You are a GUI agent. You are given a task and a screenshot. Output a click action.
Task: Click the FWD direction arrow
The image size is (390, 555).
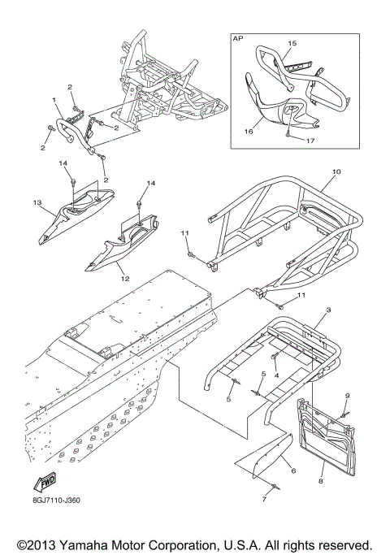[x=45, y=482]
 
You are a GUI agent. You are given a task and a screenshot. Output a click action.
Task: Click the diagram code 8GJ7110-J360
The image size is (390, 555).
[x=55, y=501]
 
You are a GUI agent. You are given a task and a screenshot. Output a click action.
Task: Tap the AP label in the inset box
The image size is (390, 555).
[x=238, y=38]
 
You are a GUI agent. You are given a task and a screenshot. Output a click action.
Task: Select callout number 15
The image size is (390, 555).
[x=292, y=43]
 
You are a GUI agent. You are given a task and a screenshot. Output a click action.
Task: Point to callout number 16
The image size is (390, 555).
[x=249, y=132]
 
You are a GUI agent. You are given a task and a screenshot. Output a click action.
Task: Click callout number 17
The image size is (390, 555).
[x=310, y=141]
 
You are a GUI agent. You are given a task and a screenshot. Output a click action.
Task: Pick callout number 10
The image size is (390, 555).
[x=336, y=171]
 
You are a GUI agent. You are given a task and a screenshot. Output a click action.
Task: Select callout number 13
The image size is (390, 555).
[x=37, y=203]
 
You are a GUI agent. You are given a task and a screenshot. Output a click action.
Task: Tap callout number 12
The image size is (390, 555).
[x=125, y=279]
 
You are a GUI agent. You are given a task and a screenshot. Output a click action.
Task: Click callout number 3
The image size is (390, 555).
[x=328, y=310]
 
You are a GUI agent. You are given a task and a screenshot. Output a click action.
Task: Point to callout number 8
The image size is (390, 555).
[x=321, y=481]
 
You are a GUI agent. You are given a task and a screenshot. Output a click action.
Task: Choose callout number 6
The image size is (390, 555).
[x=293, y=470]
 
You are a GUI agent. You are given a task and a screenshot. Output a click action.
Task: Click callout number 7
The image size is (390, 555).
[x=264, y=500]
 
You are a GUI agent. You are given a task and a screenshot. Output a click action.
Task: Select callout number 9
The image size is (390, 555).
[x=347, y=396]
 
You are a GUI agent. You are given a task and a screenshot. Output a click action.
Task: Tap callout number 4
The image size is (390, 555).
[x=276, y=375]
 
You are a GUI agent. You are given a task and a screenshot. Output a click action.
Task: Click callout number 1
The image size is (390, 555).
[x=54, y=100]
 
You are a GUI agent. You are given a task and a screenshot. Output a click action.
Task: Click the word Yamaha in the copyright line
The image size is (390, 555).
[x=85, y=545]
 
